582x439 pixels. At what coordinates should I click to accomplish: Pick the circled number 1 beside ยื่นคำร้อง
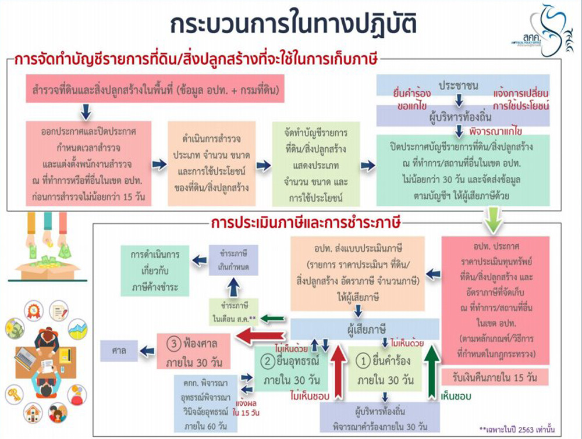363,362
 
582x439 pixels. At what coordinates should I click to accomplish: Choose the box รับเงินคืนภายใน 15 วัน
495,377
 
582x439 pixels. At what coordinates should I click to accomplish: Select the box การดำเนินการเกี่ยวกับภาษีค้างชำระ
154,270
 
